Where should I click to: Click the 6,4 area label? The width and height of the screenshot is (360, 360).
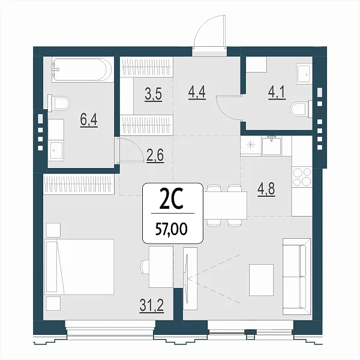point(89,120)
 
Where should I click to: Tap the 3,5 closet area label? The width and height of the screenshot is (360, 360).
point(154,94)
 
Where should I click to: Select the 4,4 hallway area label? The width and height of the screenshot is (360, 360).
point(197,92)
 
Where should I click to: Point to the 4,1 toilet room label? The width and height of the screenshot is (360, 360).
point(277,92)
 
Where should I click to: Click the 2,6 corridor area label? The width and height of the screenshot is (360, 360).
point(155,156)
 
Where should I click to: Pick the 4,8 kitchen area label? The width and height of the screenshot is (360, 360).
point(266,190)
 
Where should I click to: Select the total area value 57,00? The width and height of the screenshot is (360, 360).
point(172,229)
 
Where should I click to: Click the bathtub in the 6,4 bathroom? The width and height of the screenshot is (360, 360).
point(82,70)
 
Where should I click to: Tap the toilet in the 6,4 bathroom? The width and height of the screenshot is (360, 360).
point(59,104)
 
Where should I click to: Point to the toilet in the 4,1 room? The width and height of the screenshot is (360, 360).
point(301,109)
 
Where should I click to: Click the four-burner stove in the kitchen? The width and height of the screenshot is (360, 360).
point(302,177)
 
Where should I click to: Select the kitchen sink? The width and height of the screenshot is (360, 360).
point(272,146)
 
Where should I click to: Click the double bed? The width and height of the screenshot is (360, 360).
point(79,266)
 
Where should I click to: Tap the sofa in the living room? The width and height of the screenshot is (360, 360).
point(296,277)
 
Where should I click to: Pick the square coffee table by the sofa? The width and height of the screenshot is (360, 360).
point(261,280)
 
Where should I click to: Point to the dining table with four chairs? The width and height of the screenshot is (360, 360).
point(225,205)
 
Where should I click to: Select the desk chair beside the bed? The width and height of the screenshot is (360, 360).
point(145,266)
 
